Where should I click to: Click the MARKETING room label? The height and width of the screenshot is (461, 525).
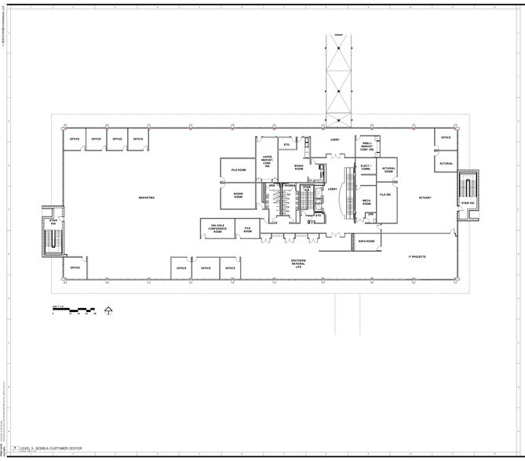pyautogui.click(x=146, y=198)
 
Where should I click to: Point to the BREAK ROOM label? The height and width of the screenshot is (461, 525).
pyautogui.click(x=298, y=167)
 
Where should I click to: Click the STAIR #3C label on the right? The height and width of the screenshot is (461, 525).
pyautogui.click(x=468, y=204)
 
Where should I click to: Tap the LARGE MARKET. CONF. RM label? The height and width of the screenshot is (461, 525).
pyautogui.click(x=267, y=159)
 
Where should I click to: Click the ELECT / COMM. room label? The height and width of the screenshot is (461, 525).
pyautogui.click(x=365, y=167)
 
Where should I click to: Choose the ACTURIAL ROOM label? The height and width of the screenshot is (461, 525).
pyautogui.click(x=388, y=169)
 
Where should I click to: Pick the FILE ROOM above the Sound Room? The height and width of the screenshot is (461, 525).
pyautogui.click(x=239, y=170)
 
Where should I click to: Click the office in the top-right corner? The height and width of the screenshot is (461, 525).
pyautogui.click(x=446, y=137)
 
